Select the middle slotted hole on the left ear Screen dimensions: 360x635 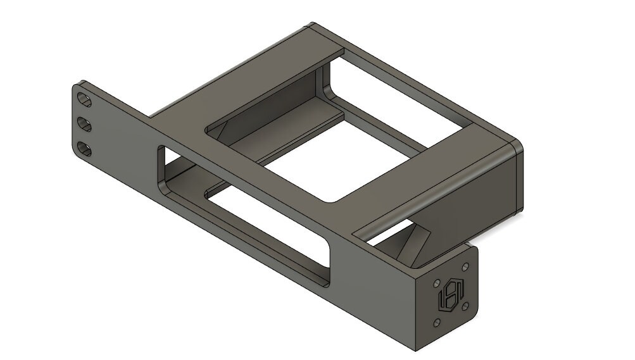point(84,123)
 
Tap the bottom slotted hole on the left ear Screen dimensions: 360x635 point(84,149)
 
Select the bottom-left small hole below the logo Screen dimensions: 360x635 point(436,323)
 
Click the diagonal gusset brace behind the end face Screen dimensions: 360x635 point(415,244)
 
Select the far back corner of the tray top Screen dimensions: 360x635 point(312,25)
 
